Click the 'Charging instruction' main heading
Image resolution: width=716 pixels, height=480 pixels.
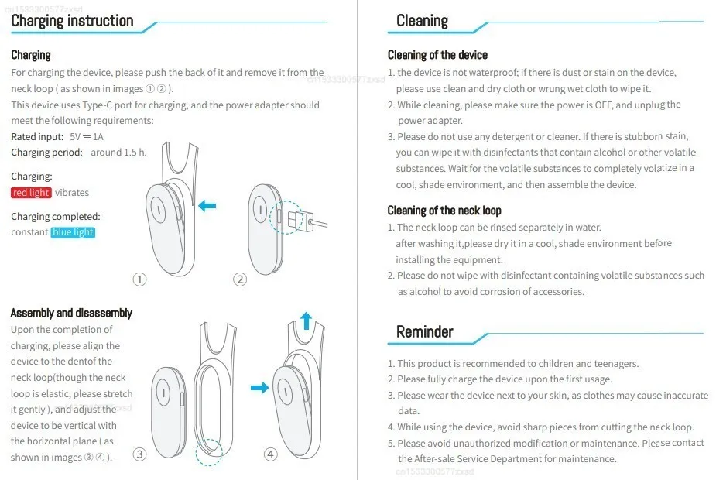point(72,21)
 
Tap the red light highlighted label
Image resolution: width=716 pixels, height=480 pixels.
point(31,193)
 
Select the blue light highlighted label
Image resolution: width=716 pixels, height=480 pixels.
point(74,232)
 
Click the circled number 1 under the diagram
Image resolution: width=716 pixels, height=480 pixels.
point(139,279)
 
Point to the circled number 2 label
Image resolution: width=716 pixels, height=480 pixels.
point(240,279)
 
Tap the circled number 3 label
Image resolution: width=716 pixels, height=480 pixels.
point(139,454)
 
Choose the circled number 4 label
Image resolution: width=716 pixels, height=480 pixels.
point(271,454)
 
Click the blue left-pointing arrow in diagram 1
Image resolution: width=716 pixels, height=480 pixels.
point(207,206)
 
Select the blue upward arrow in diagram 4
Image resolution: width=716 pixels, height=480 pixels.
point(306,321)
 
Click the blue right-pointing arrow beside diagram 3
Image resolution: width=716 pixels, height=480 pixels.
point(259,386)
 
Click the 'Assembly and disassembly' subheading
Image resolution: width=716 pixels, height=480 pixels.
point(71,313)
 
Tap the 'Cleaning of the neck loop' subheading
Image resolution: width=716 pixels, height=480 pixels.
point(444,211)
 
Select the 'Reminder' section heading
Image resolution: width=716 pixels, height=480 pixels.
point(424,332)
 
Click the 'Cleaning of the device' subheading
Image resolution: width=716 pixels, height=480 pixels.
point(437,55)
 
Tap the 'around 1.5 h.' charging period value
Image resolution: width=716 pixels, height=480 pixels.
point(118,153)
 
